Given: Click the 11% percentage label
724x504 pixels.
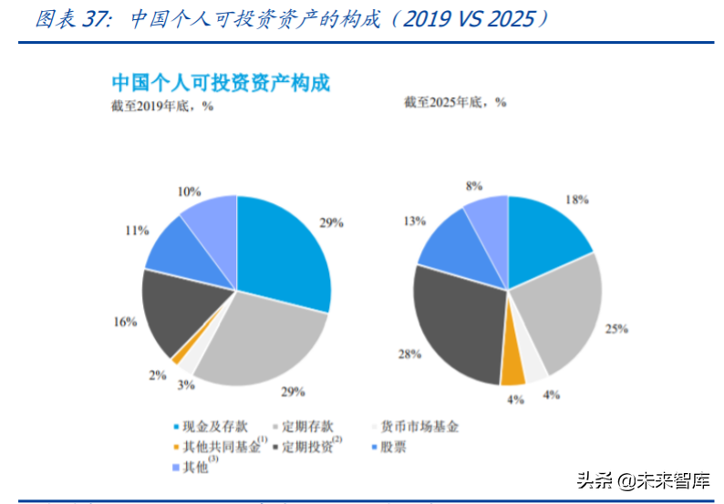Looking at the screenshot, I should click(137, 231).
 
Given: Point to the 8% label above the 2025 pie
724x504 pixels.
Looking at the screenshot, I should click(473, 185).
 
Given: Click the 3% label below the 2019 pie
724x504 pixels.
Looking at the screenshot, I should click(186, 385).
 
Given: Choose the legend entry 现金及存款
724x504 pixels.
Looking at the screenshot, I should click(211, 427).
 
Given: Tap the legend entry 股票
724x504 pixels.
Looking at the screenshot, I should click(388, 447).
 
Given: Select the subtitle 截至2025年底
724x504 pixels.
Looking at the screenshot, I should click(454, 102).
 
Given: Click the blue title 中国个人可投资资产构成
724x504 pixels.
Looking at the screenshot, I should click(220, 82).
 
